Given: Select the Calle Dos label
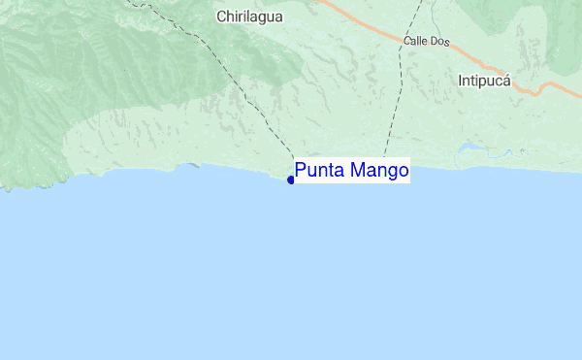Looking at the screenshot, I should click(x=428, y=42).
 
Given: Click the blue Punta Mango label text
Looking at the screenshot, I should click(x=351, y=172).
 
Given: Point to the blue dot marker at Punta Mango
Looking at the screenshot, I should click(x=291, y=180).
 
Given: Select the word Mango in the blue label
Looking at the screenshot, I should click(x=379, y=172).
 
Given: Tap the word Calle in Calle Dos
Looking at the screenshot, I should click(x=418, y=42).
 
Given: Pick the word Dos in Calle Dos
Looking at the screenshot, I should click(x=442, y=42).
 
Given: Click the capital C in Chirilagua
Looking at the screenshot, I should click(x=222, y=16).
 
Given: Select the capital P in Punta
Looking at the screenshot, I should click(x=301, y=172).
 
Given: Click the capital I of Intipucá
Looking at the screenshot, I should click(x=461, y=81).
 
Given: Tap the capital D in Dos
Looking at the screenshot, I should click(x=436, y=42).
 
